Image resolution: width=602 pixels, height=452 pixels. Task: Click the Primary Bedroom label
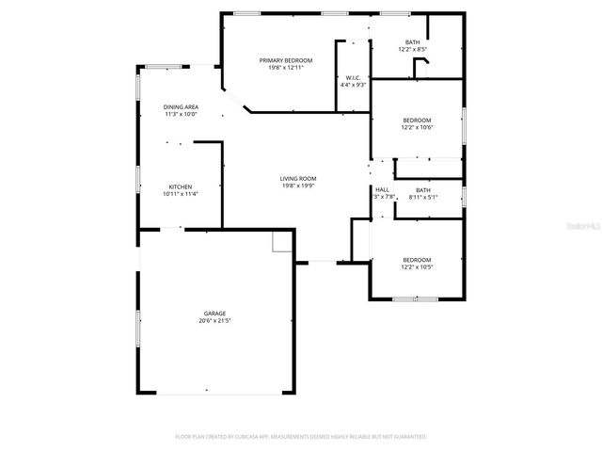[286, 59]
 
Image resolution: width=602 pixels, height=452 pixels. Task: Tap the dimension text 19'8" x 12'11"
[286, 68]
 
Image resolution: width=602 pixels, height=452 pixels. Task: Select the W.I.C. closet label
[353, 77]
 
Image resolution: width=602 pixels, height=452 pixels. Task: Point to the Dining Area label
[181, 107]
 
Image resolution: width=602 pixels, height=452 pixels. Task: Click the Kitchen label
[181, 186]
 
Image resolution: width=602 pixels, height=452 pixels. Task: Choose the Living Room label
[297, 178]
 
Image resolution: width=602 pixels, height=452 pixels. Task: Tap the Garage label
[214, 313]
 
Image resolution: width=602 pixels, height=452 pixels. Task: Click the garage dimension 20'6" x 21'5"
[214, 321]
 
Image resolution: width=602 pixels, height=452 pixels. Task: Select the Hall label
[382, 189]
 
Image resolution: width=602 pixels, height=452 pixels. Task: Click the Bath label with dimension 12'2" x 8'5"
[412, 42]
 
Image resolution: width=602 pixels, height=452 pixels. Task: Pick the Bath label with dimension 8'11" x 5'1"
[423, 189]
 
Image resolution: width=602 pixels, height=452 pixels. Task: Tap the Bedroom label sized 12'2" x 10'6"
[417, 120]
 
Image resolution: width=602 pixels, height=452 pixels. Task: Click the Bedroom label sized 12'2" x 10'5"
[417, 259]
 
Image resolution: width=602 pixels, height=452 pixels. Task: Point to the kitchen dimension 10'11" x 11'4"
[181, 195]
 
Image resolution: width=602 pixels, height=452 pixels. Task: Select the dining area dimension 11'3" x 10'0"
[181, 116]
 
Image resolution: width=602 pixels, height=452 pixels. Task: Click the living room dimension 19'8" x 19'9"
[297, 186]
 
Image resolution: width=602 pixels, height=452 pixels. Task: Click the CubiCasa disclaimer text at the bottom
[301, 437]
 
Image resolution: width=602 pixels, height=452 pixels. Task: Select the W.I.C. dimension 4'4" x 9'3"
[353, 86]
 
